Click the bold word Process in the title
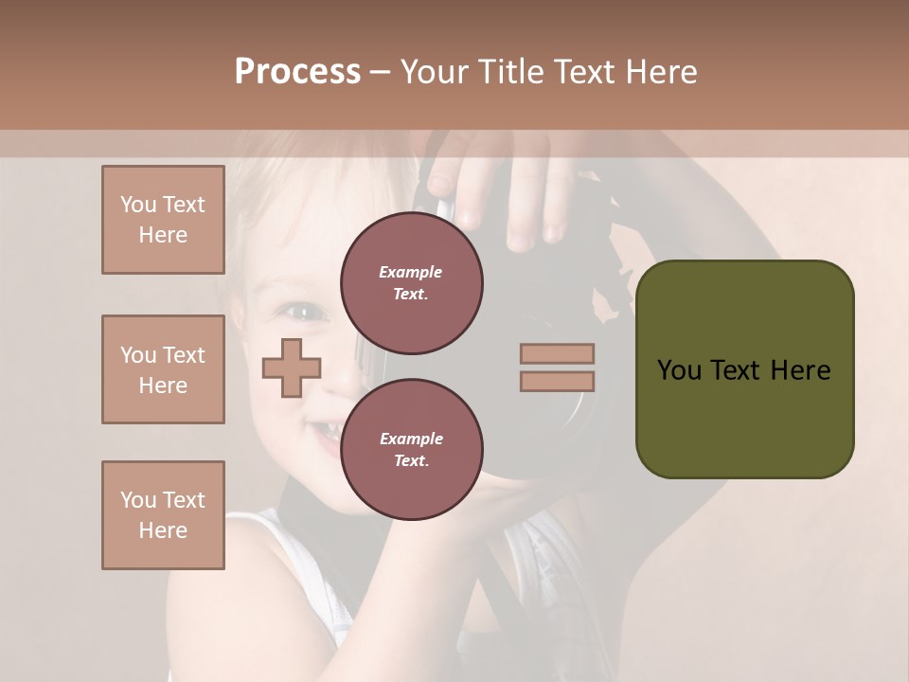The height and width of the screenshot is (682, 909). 297,72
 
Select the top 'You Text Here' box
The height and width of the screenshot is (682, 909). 163,220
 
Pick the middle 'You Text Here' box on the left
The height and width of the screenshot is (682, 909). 163,369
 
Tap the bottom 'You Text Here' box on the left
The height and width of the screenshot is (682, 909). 163,515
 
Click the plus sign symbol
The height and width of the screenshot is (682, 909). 292,368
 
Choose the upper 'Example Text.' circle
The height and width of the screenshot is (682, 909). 411,283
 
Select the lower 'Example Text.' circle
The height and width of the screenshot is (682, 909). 411,450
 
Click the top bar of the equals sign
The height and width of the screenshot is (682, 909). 557,353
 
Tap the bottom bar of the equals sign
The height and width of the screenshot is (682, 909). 557,382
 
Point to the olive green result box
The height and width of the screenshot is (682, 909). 744,369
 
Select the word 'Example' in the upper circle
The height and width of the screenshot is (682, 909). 410,272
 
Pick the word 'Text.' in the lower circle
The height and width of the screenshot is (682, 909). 411,461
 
